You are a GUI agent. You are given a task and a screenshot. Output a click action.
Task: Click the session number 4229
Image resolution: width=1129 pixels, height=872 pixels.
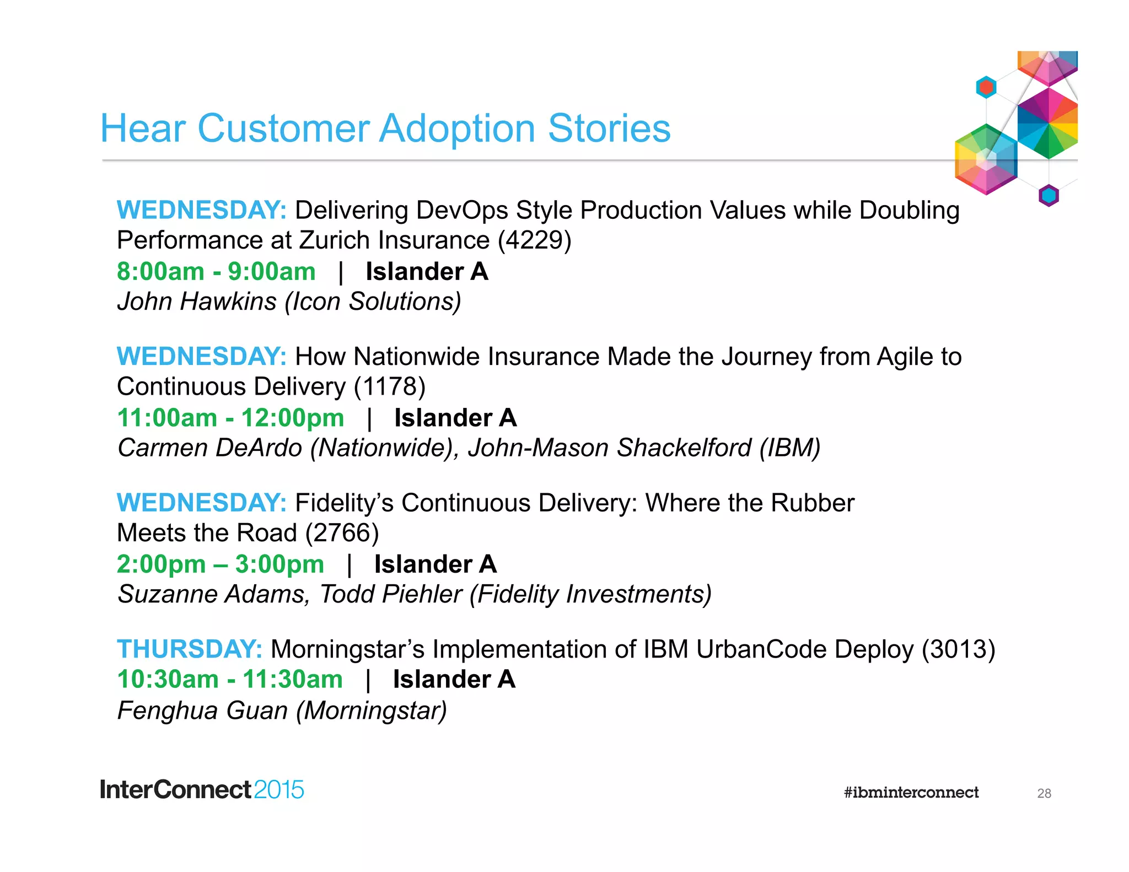[x=534, y=240]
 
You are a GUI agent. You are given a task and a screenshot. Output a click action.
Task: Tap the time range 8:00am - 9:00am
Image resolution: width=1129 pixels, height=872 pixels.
[x=216, y=272]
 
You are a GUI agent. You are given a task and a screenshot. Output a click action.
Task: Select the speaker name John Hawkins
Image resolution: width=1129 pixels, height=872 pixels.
[x=197, y=302]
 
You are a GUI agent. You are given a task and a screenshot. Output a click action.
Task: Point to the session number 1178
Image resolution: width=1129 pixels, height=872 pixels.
[x=389, y=386]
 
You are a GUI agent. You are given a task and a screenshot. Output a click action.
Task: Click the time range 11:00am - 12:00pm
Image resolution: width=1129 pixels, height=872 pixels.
[x=230, y=418]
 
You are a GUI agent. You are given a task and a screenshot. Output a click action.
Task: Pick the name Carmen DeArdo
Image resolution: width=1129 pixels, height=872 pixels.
[x=210, y=448]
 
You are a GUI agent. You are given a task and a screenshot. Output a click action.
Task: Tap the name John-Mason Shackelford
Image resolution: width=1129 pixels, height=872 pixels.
[x=609, y=448]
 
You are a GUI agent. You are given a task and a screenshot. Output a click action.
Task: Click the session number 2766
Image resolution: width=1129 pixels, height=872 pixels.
[x=342, y=533]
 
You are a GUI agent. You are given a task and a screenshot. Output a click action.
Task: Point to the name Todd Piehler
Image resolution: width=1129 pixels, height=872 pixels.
[x=390, y=594]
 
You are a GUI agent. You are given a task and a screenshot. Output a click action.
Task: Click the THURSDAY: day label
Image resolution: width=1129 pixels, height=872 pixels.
[x=189, y=649]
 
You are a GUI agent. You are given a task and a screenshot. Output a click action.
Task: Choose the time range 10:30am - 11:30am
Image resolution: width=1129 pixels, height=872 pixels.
[x=230, y=679]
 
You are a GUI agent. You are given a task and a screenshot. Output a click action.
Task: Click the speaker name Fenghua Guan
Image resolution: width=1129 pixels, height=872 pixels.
[x=202, y=710]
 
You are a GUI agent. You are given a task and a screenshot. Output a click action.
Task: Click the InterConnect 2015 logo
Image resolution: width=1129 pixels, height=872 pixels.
[x=202, y=790]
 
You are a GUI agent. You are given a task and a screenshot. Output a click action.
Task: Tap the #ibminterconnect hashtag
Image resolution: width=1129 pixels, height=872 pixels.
[x=911, y=793]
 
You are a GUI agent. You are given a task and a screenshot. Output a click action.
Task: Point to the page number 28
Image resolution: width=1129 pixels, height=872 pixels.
[x=1044, y=794]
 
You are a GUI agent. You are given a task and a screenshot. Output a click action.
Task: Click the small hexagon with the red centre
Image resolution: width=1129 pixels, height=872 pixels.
[x=986, y=87]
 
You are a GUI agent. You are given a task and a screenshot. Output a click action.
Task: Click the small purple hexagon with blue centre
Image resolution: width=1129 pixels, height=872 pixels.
[x=1049, y=195]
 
